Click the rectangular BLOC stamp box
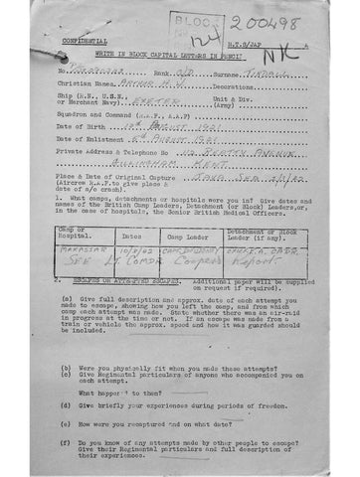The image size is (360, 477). tap(194, 30)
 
